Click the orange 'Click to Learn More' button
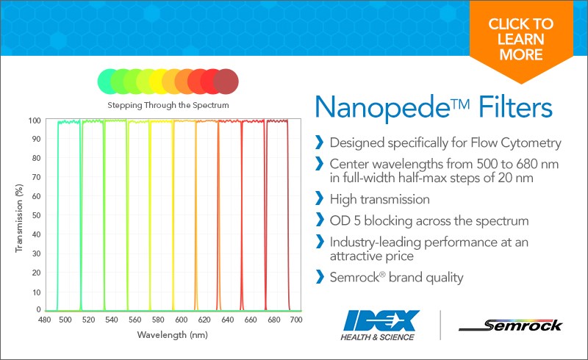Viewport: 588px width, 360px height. (521, 40)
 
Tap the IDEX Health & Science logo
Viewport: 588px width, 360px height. (379, 325)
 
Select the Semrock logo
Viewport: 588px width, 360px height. (510, 325)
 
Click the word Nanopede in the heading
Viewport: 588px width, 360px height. (382, 107)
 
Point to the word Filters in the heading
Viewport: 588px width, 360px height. (515, 107)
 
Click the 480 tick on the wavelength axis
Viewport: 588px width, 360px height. (45, 320)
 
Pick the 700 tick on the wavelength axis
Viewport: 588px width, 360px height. (296, 320)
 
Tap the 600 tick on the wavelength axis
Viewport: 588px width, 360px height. (181, 320)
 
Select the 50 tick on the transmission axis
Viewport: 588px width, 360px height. (36, 215)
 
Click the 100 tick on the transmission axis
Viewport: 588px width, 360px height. (35, 120)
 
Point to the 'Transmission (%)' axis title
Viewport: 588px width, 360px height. (19, 218)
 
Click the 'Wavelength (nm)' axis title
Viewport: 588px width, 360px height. (173, 334)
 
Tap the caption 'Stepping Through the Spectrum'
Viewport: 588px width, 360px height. (168, 105)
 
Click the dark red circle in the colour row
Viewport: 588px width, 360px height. (226, 82)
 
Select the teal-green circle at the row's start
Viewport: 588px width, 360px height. (109, 82)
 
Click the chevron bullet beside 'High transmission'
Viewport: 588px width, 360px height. (320, 198)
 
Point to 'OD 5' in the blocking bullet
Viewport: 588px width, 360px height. (345, 220)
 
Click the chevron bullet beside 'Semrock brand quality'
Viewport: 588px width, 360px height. (320, 276)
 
